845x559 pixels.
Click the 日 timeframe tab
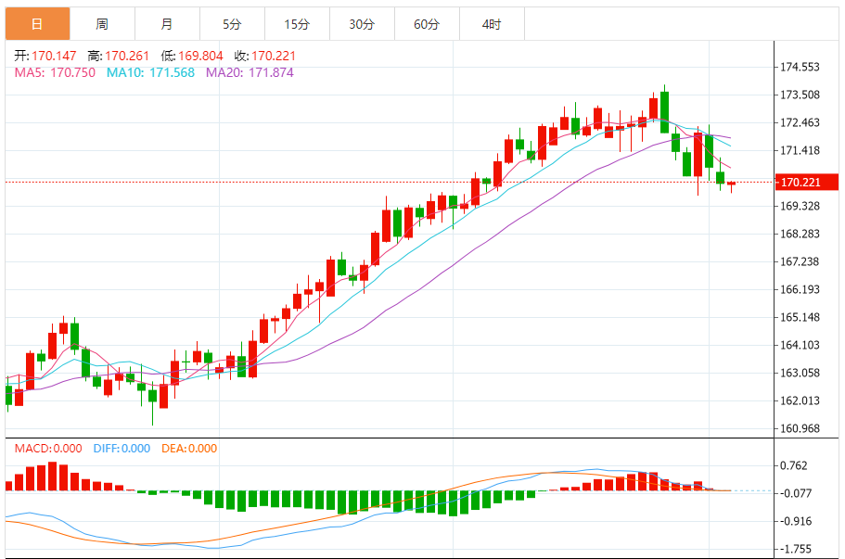(37, 24)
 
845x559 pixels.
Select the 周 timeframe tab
(102, 24)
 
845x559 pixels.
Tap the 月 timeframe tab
(167, 24)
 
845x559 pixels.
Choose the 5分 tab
(232, 24)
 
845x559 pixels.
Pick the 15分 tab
(297, 24)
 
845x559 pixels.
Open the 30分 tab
(362, 24)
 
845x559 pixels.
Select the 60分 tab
(427, 24)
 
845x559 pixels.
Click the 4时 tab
(492, 24)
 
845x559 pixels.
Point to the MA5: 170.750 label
(55, 72)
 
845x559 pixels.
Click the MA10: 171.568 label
(150, 72)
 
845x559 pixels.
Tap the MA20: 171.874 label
(250, 72)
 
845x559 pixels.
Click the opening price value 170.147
(55, 56)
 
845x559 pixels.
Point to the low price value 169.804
(199, 56)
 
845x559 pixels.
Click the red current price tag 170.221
(800, 183)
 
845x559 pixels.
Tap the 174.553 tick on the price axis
(800, 67)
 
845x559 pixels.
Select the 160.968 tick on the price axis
(800, 428)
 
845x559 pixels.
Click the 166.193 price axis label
(800, 289)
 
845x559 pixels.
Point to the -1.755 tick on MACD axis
(798, 549)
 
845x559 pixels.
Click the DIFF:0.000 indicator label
(122, 449)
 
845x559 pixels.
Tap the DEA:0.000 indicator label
(189, 449)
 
